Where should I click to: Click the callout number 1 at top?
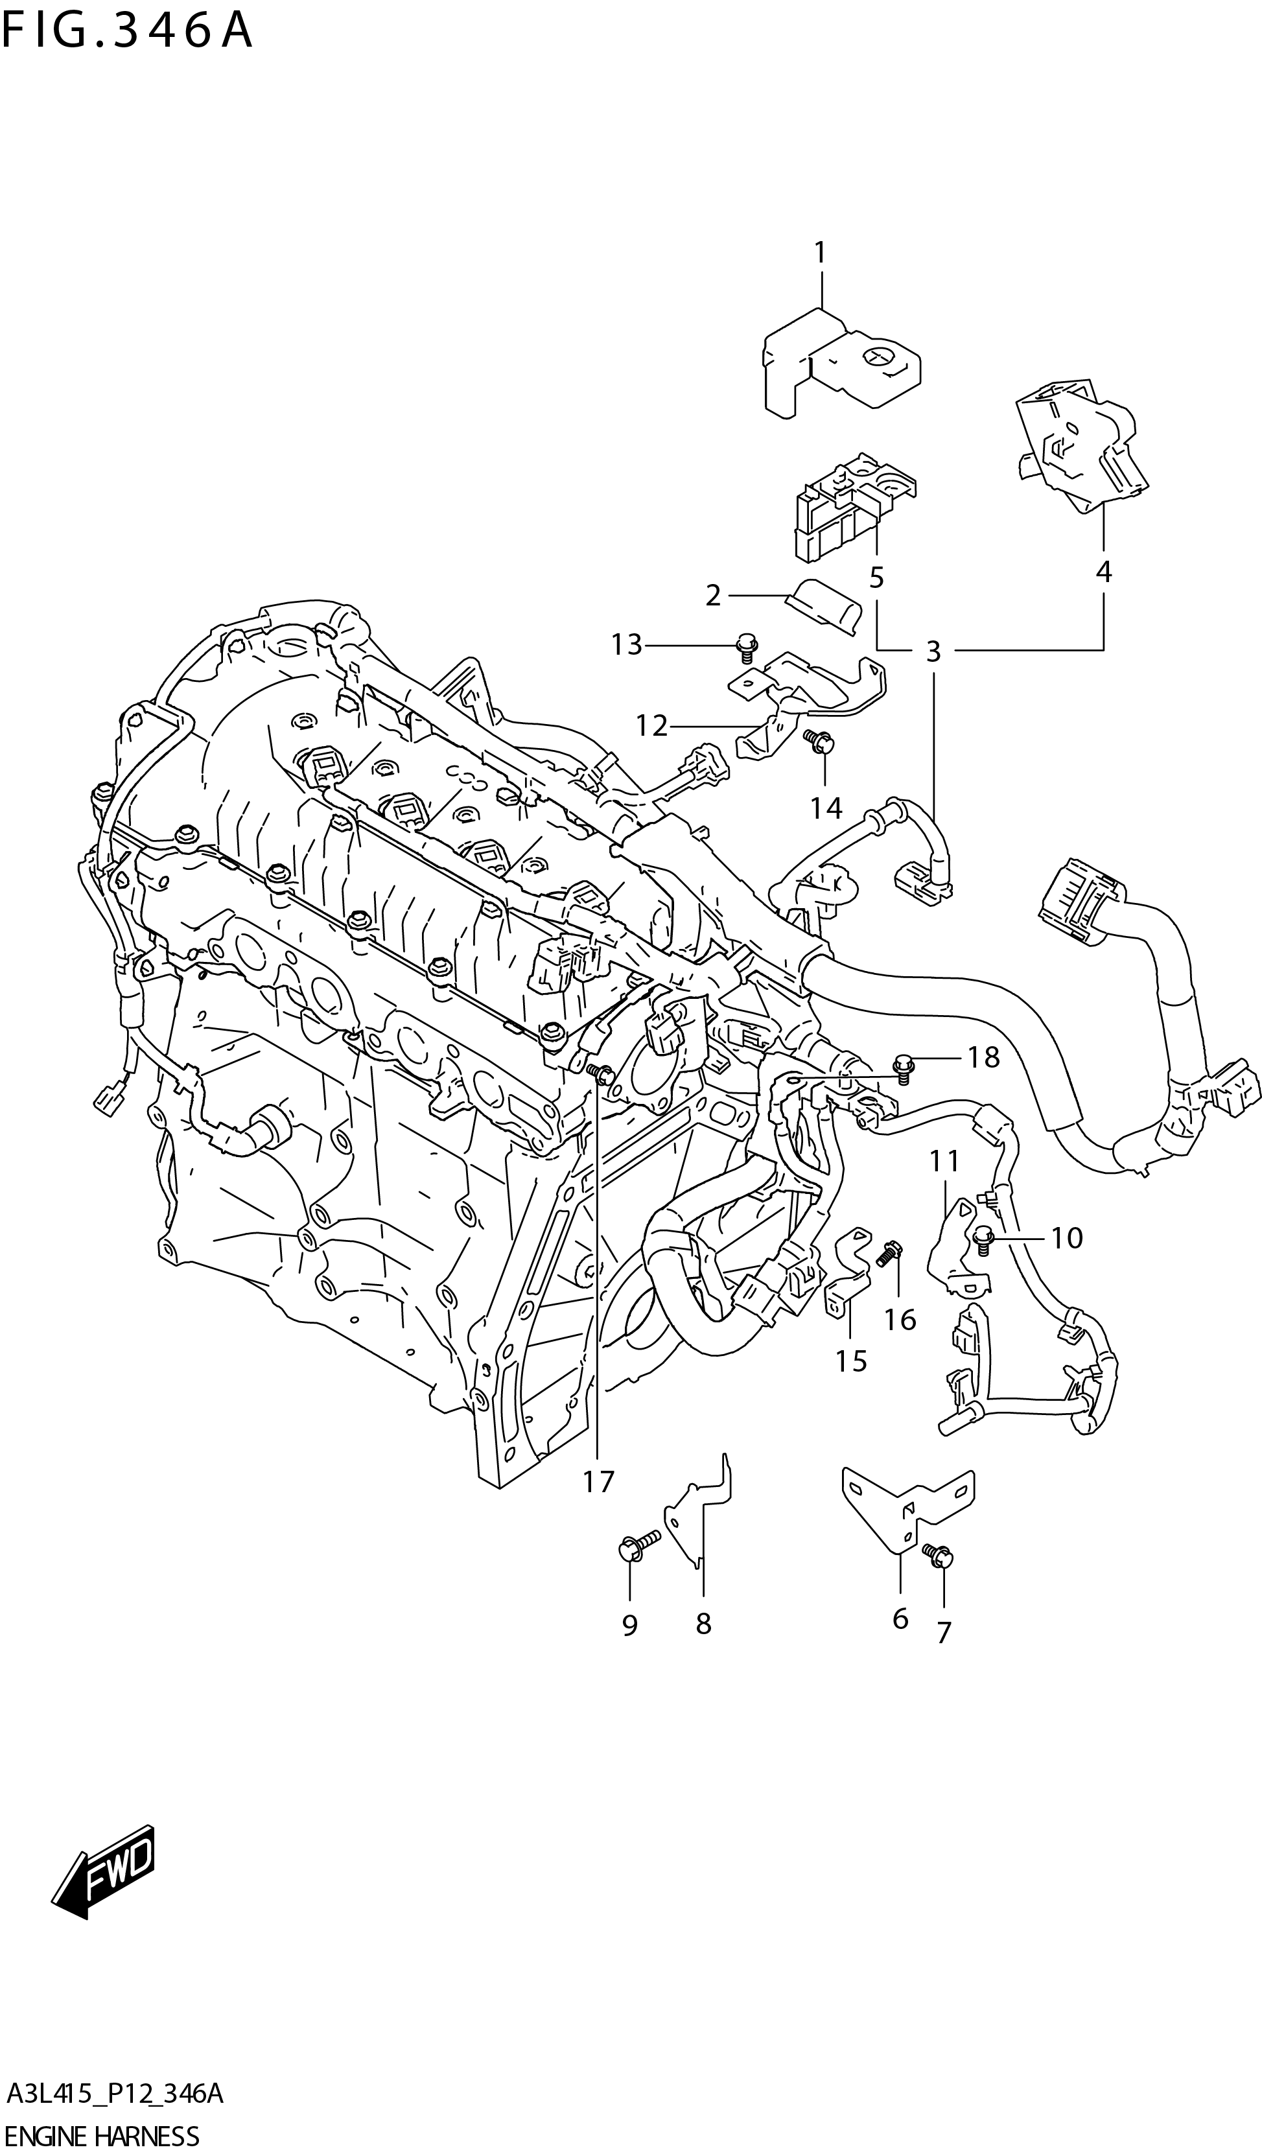(819, 253)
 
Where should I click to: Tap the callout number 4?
(1103, 572)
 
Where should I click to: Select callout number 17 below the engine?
(598, 1481)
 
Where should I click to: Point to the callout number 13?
(626, 644)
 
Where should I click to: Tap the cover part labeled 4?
(1081, 453)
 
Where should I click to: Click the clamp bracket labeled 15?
(846, 1278)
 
